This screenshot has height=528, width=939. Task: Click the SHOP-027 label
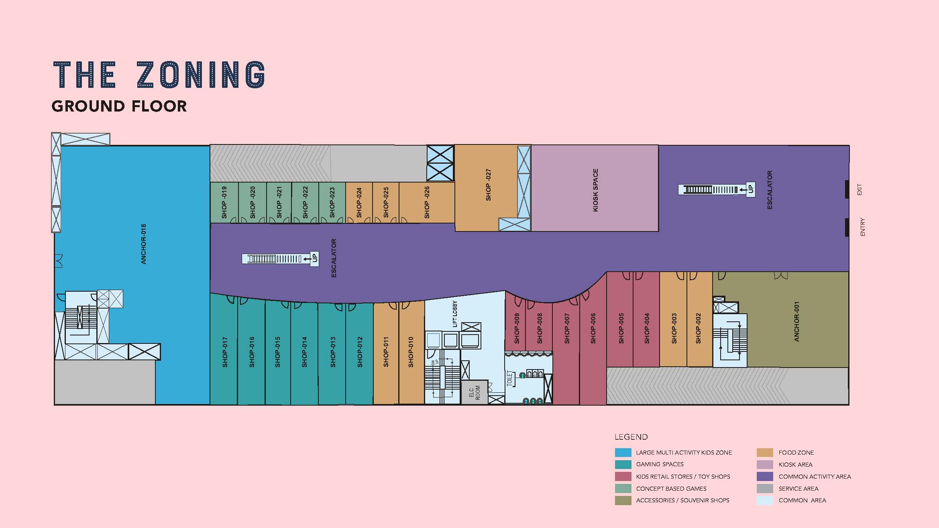tap(488, 185)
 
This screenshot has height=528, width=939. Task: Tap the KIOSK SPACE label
tap(595, 190)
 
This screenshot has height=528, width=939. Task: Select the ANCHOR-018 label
tap(143, 244)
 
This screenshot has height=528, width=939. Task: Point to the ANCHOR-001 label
tap(796, 322)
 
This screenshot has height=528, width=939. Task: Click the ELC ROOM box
tap(475, 392)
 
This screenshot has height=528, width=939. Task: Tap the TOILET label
tap(510, 378)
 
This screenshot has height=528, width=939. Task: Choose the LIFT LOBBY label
tap(455, 314)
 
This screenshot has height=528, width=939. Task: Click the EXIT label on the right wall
tap(860, 190)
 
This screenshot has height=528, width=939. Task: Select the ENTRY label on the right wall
tap(863, 227)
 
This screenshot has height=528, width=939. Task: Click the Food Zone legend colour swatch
tap(765, 453)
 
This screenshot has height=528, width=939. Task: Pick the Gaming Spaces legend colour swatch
tap(623, 465)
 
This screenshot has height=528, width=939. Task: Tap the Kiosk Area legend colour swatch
tap(765, 465)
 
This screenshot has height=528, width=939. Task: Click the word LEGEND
tap(631, 437)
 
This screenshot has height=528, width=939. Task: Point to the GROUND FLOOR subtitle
tap(119, 106)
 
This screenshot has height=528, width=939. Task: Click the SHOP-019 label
tap(224, 203)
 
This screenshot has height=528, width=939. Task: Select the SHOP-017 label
tap(225, 352)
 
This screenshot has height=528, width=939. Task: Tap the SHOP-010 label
tap(411, 352)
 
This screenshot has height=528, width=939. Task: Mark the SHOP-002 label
tap(698, 328)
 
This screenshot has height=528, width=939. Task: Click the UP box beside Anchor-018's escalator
tap(315, 258)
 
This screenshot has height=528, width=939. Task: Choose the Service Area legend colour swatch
tap(765, 489)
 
